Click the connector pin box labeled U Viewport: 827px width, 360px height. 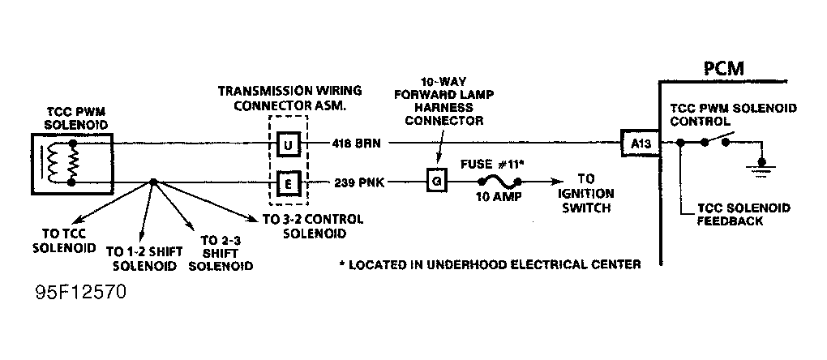point(288,144)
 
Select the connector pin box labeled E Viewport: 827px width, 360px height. point(289,185)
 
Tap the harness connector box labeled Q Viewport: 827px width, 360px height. point(437,183)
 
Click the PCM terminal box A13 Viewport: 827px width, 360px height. point(640,143)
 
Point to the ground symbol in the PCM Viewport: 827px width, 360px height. point(761,168)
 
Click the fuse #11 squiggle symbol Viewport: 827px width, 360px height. point(499,182)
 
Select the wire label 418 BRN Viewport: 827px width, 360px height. point(356,144)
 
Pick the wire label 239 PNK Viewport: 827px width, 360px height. point(359,183)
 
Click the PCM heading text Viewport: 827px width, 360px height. point(724,68)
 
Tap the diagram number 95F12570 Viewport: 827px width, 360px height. point(81,293)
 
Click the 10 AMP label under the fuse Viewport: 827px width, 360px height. point(499,197)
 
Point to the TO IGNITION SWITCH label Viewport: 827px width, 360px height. point(586,193)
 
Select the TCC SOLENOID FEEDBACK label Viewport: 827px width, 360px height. point(743,214)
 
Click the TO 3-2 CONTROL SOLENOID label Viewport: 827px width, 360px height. point(313,226)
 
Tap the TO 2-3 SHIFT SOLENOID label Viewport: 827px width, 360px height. point(221,254)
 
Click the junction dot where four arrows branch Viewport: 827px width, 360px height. point(153,182)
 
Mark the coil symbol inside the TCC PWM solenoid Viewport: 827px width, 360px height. point(53,162)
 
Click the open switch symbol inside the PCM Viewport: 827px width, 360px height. point(715,141)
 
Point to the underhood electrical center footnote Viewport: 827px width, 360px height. point(490,264)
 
